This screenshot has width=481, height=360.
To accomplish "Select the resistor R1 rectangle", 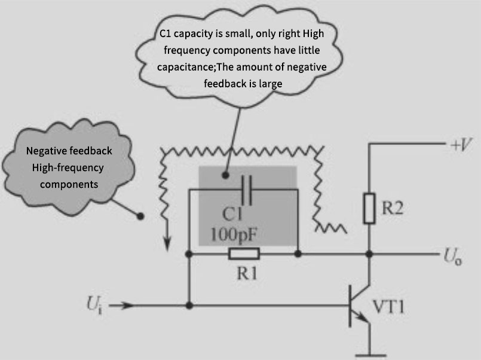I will coord(243,254).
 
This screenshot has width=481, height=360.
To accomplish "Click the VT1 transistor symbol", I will coord(359,306).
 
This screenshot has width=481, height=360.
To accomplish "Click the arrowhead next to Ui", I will coord(122,306).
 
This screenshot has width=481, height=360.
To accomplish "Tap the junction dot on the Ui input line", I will coord(189,306).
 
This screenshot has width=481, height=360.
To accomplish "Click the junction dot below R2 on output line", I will coord(370,254).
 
